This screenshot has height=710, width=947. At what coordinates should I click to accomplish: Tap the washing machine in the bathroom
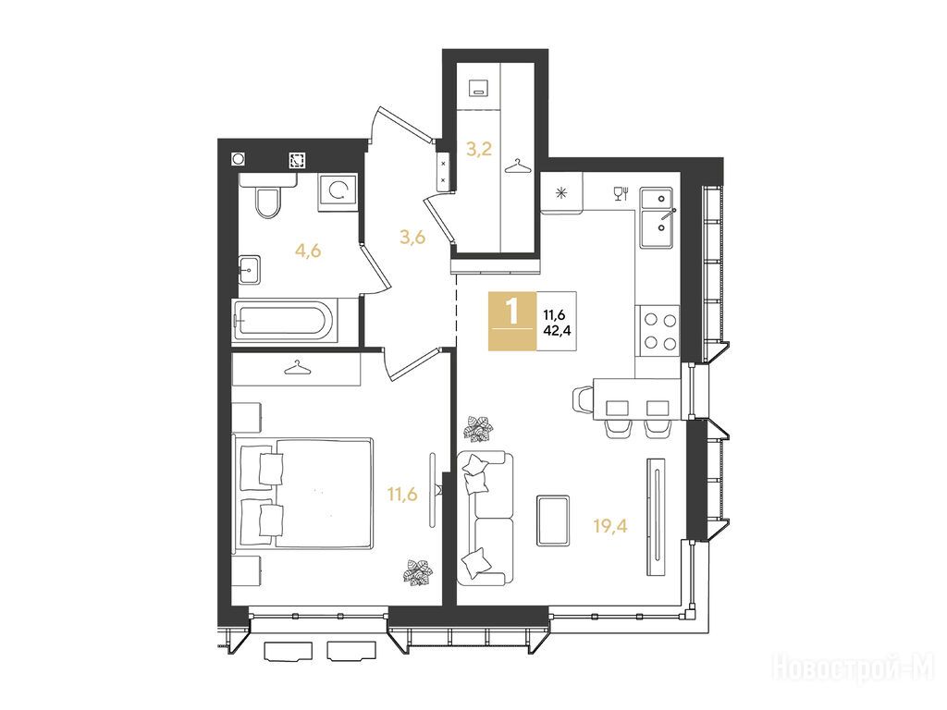point(338,192)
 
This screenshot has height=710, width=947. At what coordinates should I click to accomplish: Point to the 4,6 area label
point(307,250)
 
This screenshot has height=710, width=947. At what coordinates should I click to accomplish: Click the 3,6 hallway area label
point(412,238)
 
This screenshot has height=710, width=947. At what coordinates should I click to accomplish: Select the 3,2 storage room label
point(478,149)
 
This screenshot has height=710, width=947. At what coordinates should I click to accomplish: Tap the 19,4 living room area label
point(610,526)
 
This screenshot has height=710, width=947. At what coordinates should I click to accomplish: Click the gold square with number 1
point(512,321)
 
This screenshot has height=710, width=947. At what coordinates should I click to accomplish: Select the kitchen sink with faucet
point(658,218)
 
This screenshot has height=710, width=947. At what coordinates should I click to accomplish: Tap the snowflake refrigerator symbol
point(561,193)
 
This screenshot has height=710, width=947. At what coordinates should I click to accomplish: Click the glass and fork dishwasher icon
point(621,192)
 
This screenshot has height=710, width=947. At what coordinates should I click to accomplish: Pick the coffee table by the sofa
point(553,520)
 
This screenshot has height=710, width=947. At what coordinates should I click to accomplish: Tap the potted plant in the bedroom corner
point(418,571)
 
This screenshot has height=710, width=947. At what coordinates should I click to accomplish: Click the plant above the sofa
point(478,429)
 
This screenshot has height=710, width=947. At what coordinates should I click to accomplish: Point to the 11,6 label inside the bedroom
point(402,496)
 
